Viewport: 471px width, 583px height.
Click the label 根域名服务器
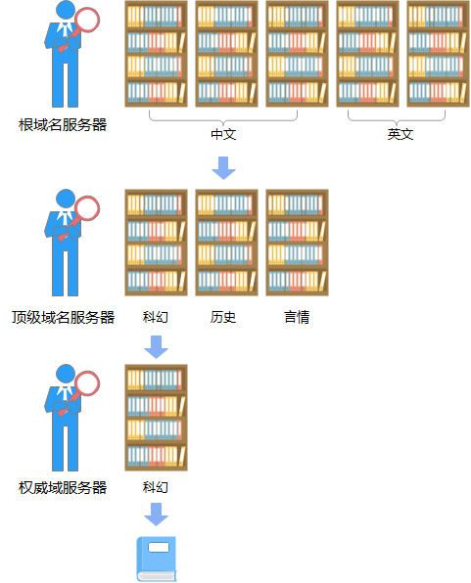point(63,125)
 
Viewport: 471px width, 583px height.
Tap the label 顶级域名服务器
point(63,318)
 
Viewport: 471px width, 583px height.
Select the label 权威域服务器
point(63,488)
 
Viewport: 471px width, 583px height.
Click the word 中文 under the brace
point(223,134)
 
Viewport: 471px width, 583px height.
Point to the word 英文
point(400,134)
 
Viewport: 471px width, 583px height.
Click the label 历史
point(223,317)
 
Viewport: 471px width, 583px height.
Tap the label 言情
point(297,317)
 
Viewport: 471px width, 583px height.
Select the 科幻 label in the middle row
point(156,317)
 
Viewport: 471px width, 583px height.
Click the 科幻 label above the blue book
point(156,487)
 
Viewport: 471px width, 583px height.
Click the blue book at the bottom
point(157,559)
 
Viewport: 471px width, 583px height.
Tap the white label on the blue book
point(159,548)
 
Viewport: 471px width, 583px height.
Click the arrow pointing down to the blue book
point(156,515)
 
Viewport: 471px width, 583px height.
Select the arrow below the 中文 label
point(223,168)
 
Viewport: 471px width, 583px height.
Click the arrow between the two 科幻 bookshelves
point(156,347)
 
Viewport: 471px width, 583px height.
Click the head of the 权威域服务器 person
point(66,374)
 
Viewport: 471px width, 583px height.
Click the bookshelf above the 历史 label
point(226,243)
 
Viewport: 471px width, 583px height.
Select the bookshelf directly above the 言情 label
point(297,243)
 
